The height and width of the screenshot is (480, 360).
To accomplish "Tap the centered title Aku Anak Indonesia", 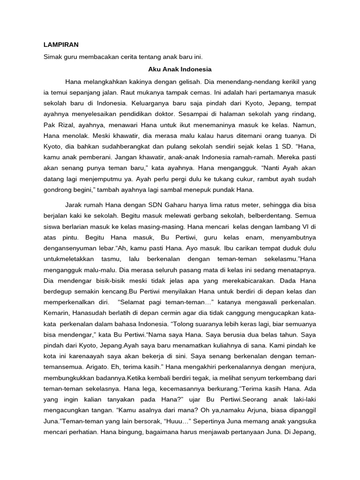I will tap(180, 69).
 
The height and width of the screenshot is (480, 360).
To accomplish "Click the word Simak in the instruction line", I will tap(53, 57).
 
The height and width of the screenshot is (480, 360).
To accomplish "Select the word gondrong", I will tap(57, 190).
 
